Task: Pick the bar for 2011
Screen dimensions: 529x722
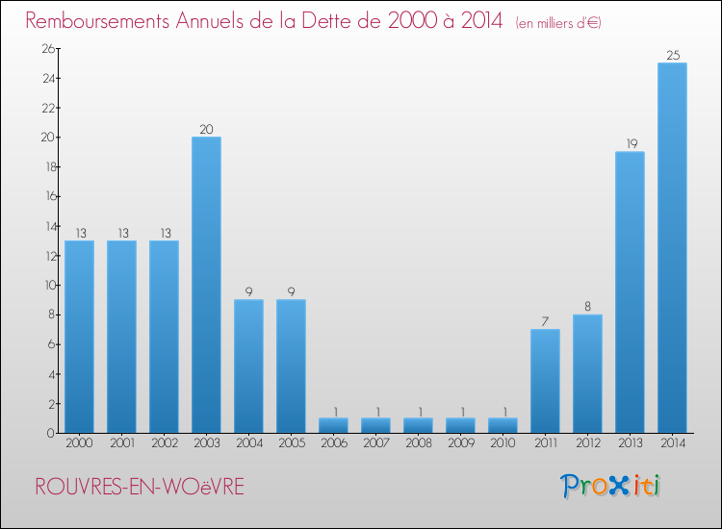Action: [545, 381]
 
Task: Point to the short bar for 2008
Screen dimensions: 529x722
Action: [418, 425]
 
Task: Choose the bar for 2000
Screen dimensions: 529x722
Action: [79, 337]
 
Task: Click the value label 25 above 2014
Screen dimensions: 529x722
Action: [672, 56]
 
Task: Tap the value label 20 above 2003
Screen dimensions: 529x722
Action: [206, 130]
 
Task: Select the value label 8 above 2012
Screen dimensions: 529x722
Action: [587, 308]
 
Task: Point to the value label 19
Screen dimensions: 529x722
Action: [630, 144]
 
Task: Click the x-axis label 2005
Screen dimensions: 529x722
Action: [291, 443]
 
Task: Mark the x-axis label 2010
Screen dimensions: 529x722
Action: [503, 443]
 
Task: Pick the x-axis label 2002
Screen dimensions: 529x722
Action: [164, 443]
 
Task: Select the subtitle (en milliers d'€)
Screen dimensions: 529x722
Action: [557, 22]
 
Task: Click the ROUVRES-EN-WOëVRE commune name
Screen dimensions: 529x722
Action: [140, 487]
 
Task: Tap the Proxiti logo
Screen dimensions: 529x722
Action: [611, 486]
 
